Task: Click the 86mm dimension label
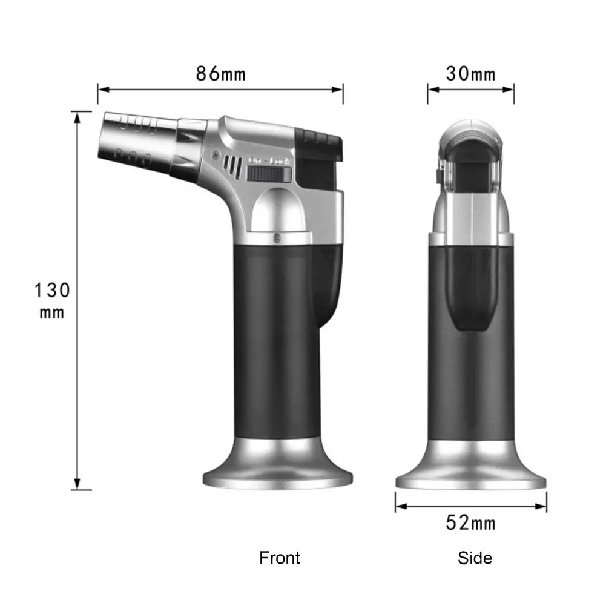(221, 74)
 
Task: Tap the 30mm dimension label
(470, 74)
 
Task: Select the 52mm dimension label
(470, 522)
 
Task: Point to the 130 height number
(51, 290)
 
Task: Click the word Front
(279, 557)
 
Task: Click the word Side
(475, 557)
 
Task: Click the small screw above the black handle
(277, 238)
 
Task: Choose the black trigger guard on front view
(333, 278)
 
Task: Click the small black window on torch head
(268, 175)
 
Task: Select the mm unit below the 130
(51, 313)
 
